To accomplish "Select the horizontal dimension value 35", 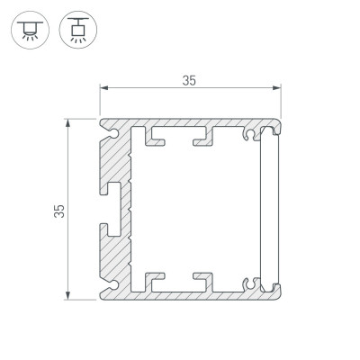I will pyautogui.click(x=189, y=80).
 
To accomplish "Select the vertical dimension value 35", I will pyautogui.click(x=60, y=211).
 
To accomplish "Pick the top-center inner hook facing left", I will pyautogui.click(x=200, y=139).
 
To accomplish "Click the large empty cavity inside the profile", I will pyautogui.click(x=193, y=210).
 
